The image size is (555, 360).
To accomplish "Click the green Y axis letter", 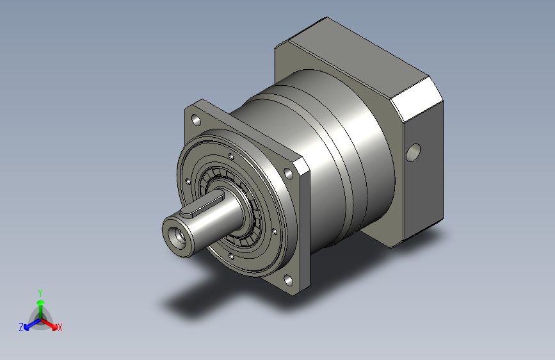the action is pos(40,293).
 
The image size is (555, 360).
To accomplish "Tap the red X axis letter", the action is pos(60,328).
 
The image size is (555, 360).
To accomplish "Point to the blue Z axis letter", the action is pos(21,327).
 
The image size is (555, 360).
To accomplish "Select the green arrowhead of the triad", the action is pos(41,302).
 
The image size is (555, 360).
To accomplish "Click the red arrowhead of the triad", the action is pos(54,327).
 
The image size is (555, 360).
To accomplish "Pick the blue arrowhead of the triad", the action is pos(26,327).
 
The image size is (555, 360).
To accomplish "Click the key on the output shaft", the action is pos(202,204).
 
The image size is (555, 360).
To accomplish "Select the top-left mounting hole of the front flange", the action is pos(196,120).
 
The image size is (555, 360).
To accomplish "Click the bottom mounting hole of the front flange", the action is pos(289,281).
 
